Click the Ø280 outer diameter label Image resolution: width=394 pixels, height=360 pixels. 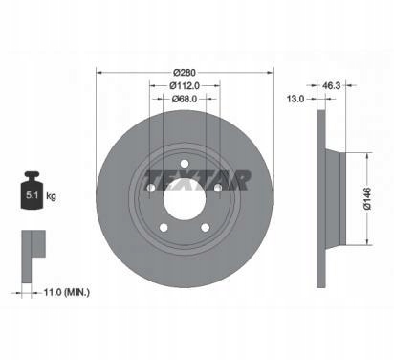tap(185, 73)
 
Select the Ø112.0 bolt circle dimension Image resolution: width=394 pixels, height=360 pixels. tap(185, 85)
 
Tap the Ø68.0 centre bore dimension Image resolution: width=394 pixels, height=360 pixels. tap(185, 99)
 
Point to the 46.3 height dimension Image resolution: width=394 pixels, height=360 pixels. tap(332, 85)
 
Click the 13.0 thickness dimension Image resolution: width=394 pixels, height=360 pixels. tap(295, 99)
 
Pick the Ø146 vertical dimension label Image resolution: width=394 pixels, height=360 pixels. tap(367, 198)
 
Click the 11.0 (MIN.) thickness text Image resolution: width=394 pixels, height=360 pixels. tap(67, 292)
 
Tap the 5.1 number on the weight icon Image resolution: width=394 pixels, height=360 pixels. tap(32, 195)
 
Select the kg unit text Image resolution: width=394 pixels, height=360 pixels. tap(51, 196)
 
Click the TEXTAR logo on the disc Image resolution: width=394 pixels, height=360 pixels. tap(198, 180)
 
